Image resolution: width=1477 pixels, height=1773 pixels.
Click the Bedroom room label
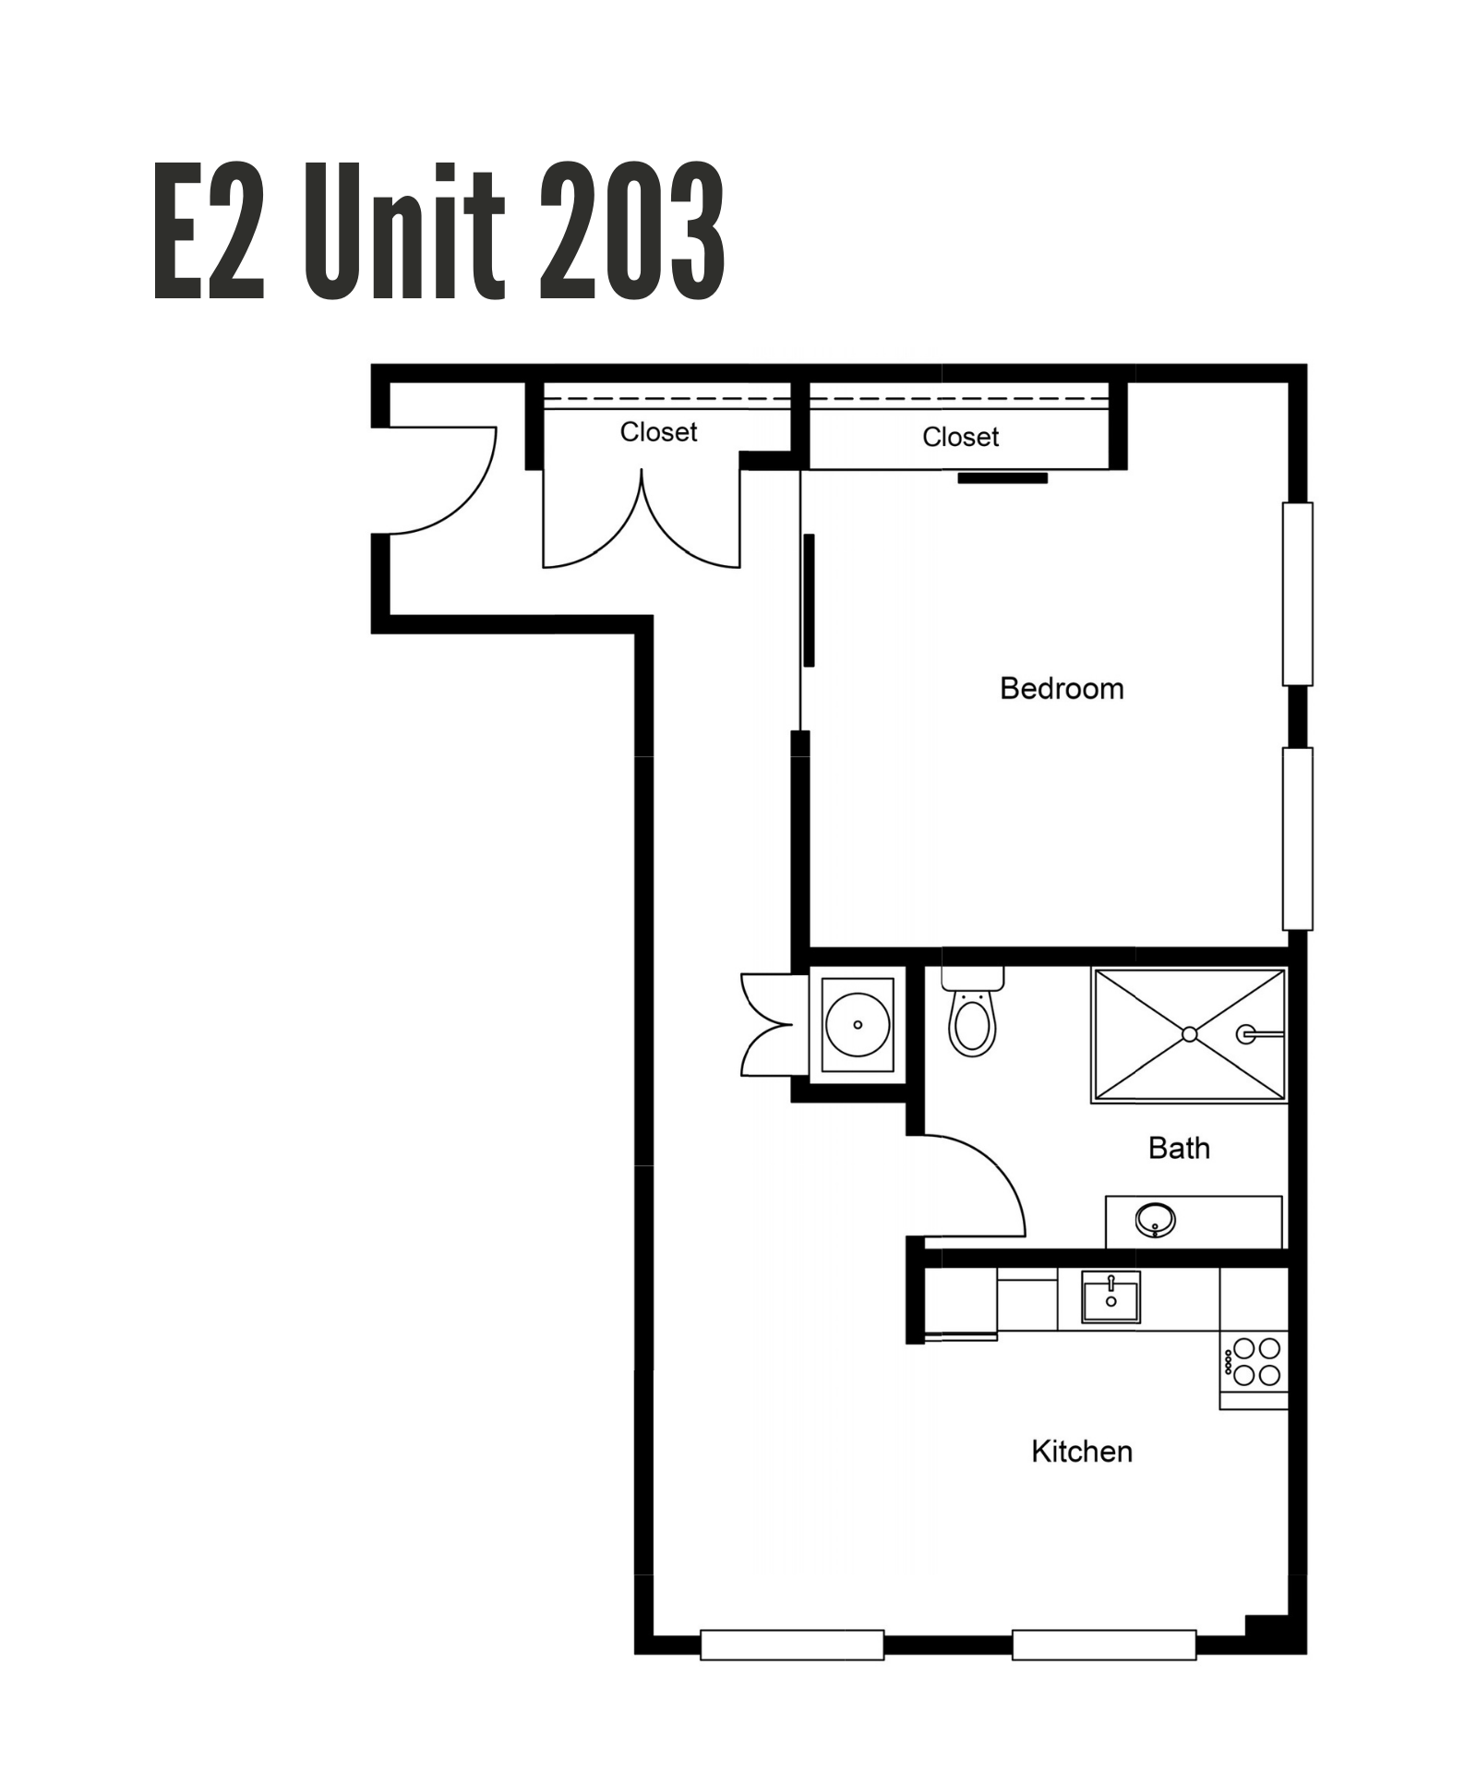coord(1062,689)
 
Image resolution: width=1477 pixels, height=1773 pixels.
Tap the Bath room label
coord(1179,1148)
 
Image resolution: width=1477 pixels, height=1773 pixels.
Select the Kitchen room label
coord(1081,1451)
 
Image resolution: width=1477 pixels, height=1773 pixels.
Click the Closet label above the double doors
coord(658,431)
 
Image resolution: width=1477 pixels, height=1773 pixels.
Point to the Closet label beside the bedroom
coord(960,437)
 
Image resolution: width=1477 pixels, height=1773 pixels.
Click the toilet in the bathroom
coord(972,1012)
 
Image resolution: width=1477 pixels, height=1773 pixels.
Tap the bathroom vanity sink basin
coord(1155,1220)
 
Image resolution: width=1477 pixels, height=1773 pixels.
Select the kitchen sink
coord(1111,1297)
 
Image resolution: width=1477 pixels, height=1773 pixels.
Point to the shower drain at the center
coord(1190,1034)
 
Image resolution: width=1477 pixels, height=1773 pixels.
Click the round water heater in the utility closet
coord(858,1024)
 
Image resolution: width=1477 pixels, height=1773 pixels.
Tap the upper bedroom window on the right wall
coord(1298,594)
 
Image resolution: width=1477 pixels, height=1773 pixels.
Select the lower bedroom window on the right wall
coord(1298,838)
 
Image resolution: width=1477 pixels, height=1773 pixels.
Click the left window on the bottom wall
coord(792,1645)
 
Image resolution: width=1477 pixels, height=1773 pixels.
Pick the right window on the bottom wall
coord(1104,1645)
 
